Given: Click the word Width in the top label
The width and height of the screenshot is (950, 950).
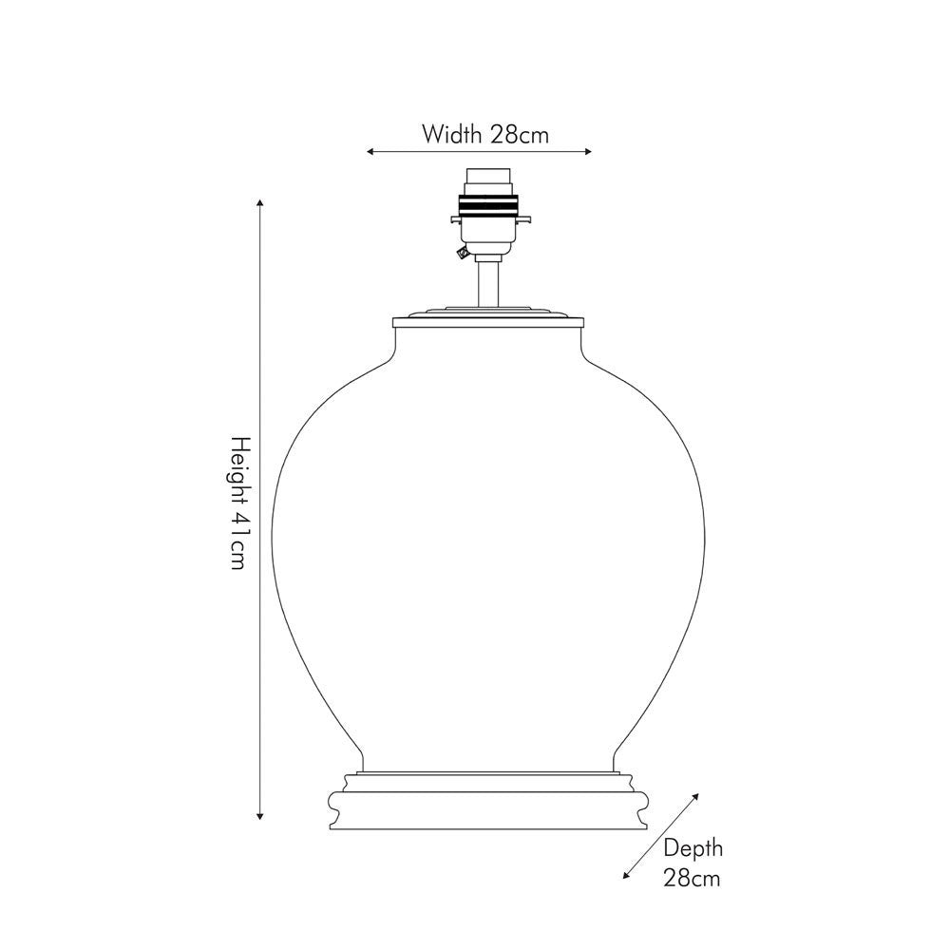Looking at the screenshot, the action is tap(452, 135).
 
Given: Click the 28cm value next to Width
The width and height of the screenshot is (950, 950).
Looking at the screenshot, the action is tap(520, 135).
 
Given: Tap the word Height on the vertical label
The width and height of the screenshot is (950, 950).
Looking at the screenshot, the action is tap(240, 470).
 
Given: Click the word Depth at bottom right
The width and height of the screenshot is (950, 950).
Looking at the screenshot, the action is tap(693, 848).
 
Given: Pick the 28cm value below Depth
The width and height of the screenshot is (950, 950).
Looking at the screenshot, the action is tap(692, 878).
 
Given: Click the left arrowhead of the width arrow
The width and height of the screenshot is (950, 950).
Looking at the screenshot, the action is tap(370, 152).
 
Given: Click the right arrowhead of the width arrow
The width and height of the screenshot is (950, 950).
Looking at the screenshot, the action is tap(588, 152).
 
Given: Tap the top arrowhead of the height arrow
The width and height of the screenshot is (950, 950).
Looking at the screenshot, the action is tap(260, 202).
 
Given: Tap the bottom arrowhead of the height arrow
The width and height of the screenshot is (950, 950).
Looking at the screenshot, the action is tap(260, 815).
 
